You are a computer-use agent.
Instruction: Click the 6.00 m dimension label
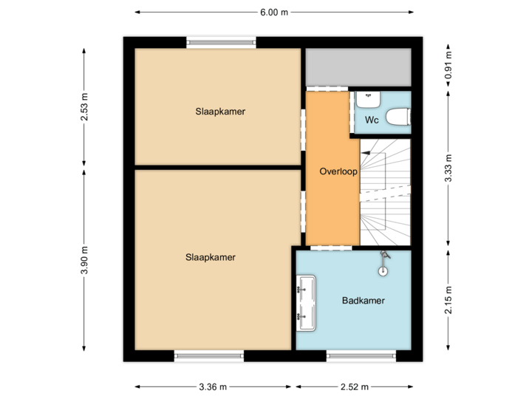(273, 12)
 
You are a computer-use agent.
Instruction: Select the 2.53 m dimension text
(84, 107)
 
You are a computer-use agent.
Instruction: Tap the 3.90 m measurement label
(84, 260)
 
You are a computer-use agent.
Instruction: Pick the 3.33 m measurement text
(449, 168)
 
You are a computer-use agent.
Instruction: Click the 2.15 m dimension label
(449, 300)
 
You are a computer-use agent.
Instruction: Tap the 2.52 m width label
(355, 386)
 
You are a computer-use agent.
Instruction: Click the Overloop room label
(338, 171)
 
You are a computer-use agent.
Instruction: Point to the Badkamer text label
(363, 301)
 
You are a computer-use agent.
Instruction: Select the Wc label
(372, 120)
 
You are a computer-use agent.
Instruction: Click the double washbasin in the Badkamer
(306, 303)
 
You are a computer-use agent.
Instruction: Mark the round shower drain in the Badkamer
(383, 270)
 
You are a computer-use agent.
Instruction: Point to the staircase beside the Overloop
(384, 192)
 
